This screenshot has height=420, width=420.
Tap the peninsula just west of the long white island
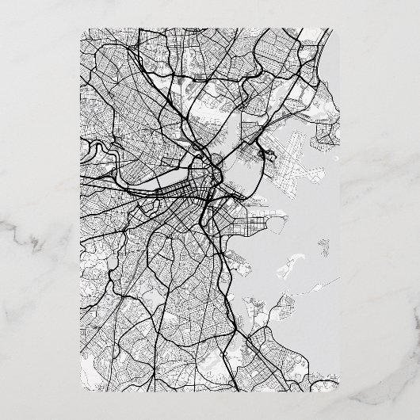click(x=241, y=262)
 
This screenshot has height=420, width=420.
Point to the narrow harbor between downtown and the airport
click(x=234, y=170)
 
